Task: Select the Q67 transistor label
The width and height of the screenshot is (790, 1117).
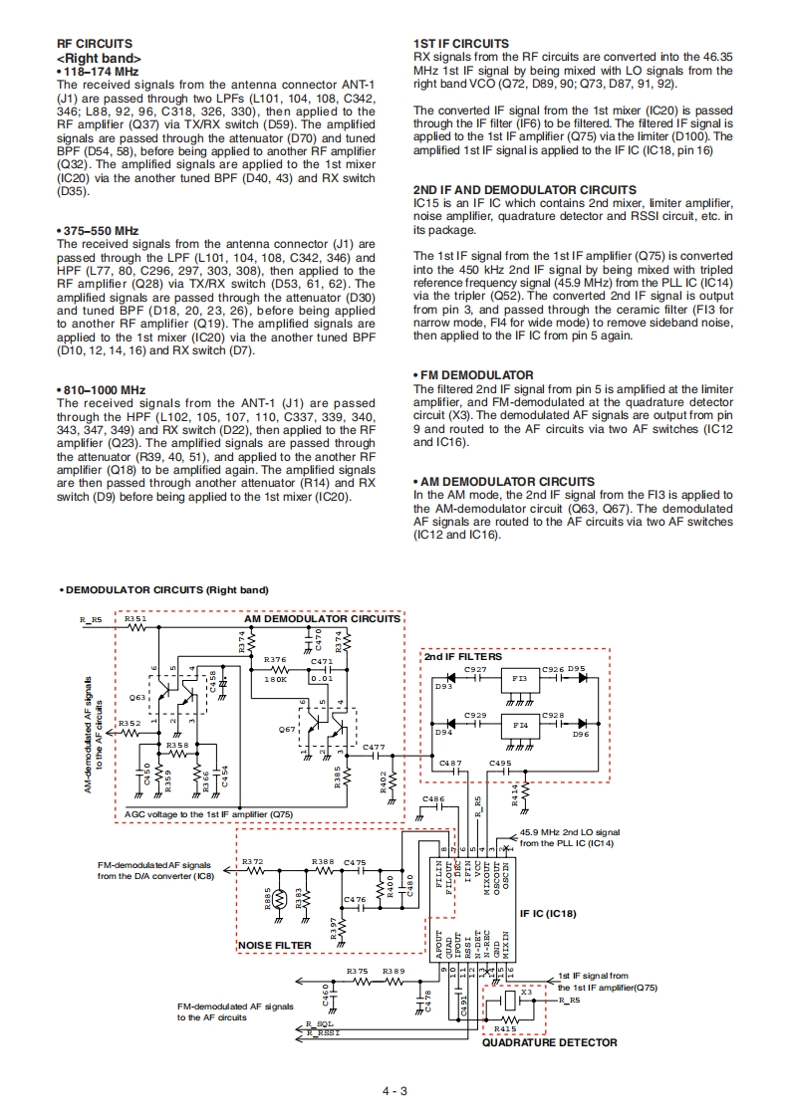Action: click(x=287, y=729)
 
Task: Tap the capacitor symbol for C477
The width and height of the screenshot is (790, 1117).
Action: click(x=374, y=756)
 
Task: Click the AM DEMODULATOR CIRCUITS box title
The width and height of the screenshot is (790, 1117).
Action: click(x=322, y=618)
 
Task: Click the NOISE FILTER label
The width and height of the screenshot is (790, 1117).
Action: click(x=274, y=945)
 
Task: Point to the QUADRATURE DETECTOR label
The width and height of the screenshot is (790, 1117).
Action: click(x=550, y=1042)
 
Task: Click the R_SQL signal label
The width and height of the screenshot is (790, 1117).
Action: click(x=320, y=1023)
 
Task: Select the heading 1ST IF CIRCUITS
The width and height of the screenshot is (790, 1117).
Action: click(x=460, y=44)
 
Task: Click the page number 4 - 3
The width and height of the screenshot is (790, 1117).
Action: click(x=395, y=1090)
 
